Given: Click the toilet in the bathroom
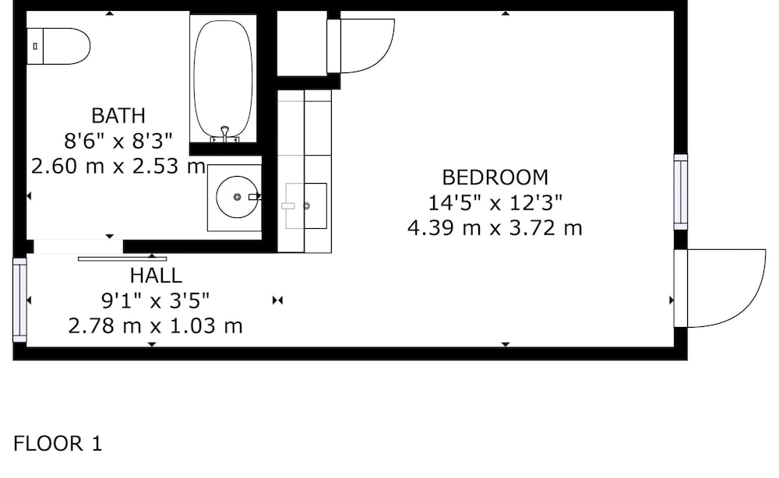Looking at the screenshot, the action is [x=58, y=46].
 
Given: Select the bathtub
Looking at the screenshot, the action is [x=223, y=79].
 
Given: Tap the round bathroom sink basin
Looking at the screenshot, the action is [x=237, y=197].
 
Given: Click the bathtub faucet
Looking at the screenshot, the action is [x=224, y=135].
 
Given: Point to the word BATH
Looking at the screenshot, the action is [x=118, y=116].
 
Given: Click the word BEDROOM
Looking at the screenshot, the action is [x=495, y=177].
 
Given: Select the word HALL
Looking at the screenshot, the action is [x=156, y=276].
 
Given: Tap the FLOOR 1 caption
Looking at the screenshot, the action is [x=58, y=443].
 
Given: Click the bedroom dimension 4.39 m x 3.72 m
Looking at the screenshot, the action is [x=495, y=228].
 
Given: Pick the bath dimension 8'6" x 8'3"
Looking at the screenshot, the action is [x=118, y=141].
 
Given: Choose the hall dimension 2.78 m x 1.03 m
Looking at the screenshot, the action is [x=156, y=326].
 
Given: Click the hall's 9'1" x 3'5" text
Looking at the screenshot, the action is [x=156, y=301].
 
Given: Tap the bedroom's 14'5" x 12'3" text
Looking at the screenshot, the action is [x=495, y=202].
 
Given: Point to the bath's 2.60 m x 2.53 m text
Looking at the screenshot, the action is [x=118, y=166].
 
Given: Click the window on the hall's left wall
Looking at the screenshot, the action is [x=20, y=300].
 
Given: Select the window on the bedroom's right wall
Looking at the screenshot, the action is [x=681, y=192].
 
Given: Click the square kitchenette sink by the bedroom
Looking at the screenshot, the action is [x=306, y=206].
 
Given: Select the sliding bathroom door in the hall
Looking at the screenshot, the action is [x=122, y=258].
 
